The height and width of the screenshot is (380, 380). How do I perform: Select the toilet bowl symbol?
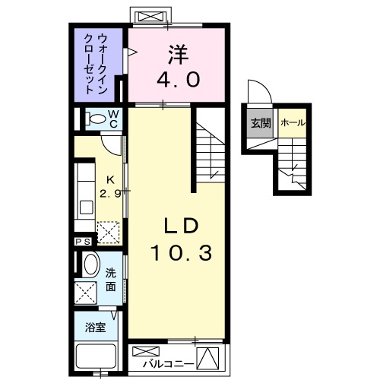pyautogui.click(x=95, y=119)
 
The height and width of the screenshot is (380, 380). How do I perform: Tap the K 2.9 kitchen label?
pyautogui.click(x=111, y=186)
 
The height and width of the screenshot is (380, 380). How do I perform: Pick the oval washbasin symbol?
pyautogui.click(x=90, y=267)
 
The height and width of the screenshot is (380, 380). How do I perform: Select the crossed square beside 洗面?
pyautogui.click(x=85, y=292)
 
